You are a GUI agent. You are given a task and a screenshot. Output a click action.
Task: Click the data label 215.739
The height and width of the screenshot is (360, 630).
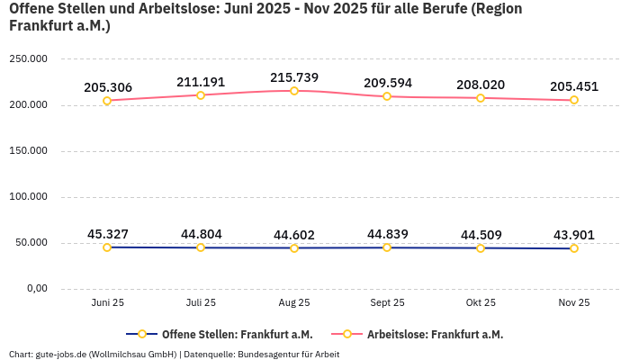click(x=294, y=77)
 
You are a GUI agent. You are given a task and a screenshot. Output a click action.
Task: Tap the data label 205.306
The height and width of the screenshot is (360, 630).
click(x=108, y=87)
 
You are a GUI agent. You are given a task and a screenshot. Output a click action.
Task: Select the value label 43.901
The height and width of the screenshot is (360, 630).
click(x=574, y=235)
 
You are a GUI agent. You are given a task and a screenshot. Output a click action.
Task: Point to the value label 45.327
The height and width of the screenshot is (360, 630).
click(x=108, y=234)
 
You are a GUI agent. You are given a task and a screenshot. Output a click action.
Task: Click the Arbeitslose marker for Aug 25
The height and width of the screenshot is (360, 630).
click(x=294, y=91)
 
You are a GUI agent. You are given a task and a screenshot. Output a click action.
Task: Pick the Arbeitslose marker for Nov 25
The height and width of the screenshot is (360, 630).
click(x=574, y=100)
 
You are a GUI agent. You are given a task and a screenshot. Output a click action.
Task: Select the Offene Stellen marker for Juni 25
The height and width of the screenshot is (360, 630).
click(x=107, y=247)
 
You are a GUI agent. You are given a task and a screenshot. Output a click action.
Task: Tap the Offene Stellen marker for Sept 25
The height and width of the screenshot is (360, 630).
click(x=387, y=247)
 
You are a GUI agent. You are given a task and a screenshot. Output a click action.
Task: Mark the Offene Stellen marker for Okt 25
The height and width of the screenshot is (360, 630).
click(x=481, y=248)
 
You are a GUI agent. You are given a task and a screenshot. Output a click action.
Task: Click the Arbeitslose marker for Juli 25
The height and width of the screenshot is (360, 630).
click(x=201, y=95)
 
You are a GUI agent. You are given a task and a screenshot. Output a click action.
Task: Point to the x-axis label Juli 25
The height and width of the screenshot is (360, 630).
click(x=201, y=303)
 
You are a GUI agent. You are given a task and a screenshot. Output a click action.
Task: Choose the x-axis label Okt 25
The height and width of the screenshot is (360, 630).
click(x=481, y=303)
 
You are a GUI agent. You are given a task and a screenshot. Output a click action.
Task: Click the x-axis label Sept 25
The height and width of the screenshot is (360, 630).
click(x=387, y=303)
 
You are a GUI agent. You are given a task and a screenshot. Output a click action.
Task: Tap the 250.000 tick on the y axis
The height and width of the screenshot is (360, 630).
click(x=28, y=59)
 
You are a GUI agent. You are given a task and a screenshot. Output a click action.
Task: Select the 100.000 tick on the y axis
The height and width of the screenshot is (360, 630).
click(x=28, y=197)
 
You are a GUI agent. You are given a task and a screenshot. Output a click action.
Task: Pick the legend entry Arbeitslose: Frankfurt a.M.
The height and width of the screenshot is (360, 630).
click(x=435, y=335)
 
